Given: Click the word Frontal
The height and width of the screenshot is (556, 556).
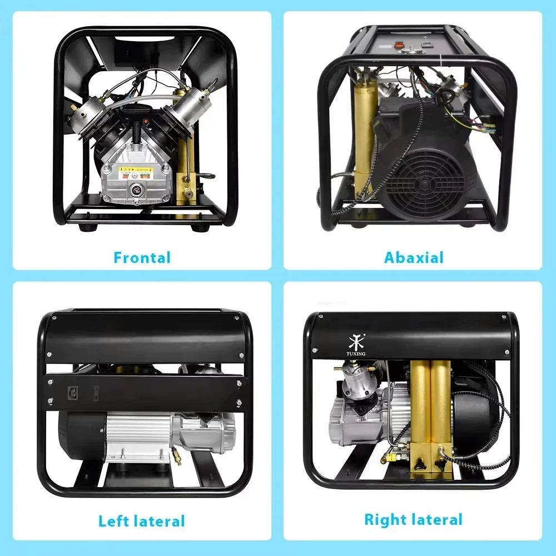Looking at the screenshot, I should pyautogui.click(x=142, y=257).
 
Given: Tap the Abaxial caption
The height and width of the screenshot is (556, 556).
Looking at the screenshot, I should pyautogui.click(x=414, y=257).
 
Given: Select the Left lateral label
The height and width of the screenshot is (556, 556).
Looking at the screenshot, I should pyautogui.click(x=142, y=521).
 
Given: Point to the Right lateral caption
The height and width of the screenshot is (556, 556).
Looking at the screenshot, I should pyautogui.click(x=413, y=520).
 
